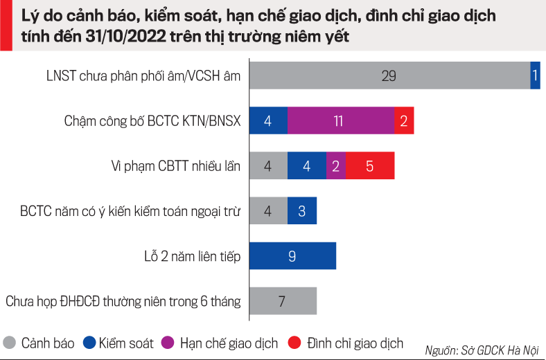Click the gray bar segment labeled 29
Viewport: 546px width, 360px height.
389,75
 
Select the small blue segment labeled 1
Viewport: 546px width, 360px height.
535,75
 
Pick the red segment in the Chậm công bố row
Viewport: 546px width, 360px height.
404,120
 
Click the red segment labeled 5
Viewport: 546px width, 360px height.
369,166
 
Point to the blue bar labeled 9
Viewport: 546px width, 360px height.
292,255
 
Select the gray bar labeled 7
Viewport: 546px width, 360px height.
282,301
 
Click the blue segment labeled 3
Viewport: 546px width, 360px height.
302,210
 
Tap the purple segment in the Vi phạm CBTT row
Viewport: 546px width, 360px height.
336,166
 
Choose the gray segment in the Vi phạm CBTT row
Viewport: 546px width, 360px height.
267,166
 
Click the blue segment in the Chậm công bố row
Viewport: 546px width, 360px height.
267,120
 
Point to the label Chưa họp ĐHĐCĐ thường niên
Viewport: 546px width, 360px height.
123,302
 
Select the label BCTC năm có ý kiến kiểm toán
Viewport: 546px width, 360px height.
130,211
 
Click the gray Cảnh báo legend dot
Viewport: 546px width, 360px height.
10,342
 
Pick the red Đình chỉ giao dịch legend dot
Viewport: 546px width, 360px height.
294,342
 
